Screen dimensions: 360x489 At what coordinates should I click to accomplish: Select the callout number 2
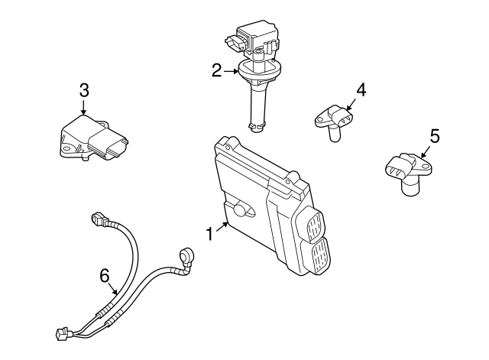coord(217,71)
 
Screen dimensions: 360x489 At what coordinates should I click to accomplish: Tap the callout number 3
coord(84,89)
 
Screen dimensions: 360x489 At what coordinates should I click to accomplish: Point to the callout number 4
coord(361,89)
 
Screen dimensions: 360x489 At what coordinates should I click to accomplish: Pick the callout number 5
coord(434,135)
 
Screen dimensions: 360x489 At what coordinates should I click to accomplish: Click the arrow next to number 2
coord(231,72)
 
